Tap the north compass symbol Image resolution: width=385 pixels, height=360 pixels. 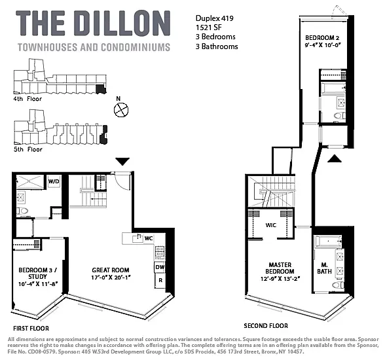120,109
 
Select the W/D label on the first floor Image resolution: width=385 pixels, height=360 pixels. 53,181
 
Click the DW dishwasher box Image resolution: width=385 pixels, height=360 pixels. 159,267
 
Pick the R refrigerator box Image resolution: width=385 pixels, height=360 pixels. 159,281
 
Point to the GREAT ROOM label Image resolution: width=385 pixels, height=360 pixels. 111,270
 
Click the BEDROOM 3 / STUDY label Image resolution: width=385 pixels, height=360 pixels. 36,273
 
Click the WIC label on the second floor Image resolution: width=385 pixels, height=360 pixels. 272,224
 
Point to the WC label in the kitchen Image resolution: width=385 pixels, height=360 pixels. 149,238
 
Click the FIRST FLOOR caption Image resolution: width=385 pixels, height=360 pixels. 31,328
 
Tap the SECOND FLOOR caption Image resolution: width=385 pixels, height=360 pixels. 266,325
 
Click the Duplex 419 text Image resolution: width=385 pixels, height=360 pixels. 215,18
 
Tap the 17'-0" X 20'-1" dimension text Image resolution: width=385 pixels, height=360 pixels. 111,279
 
